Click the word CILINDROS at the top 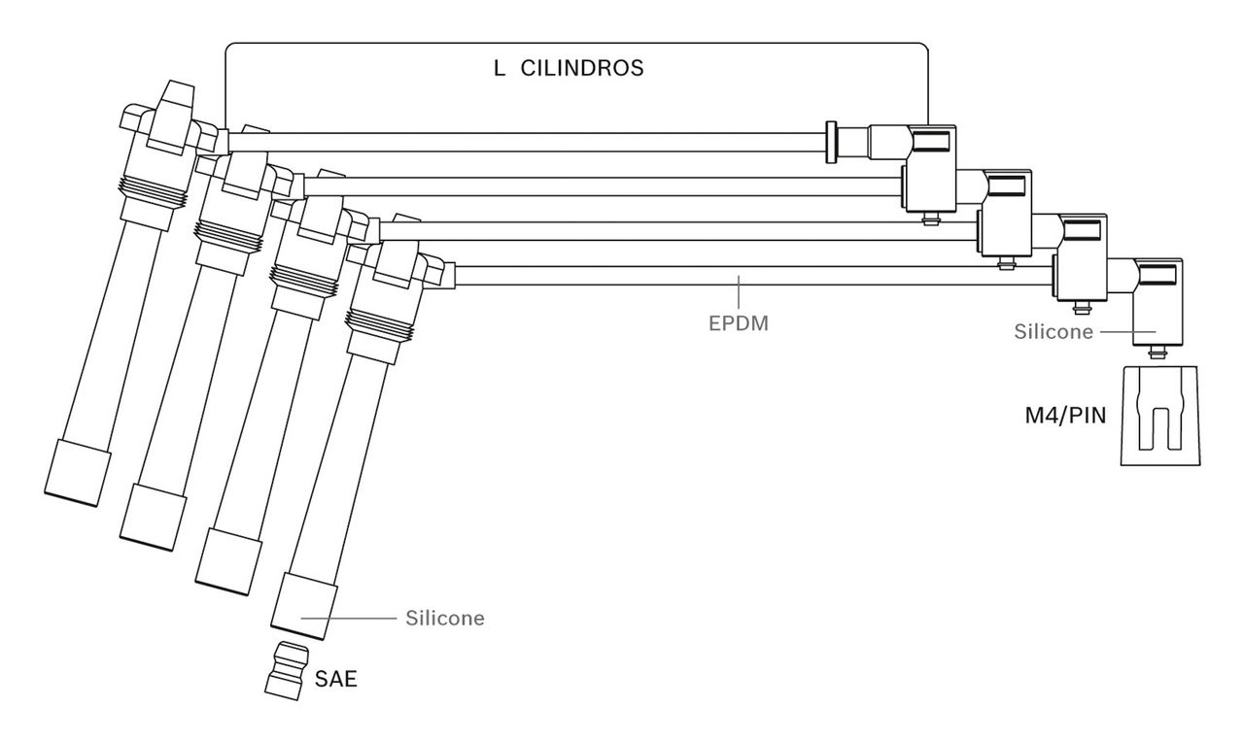[x=582, y=70]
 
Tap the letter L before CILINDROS [x=499, y=70]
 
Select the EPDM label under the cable [x=739, y=323]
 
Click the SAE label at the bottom [x=335, y=679]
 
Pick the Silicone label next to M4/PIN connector [x=1054, y=331]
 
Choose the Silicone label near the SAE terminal [x=444, y=618]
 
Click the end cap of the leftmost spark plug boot [x=77, y=471]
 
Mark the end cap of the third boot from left [x=229, y=556]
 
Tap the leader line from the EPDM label [x=739, y=292]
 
